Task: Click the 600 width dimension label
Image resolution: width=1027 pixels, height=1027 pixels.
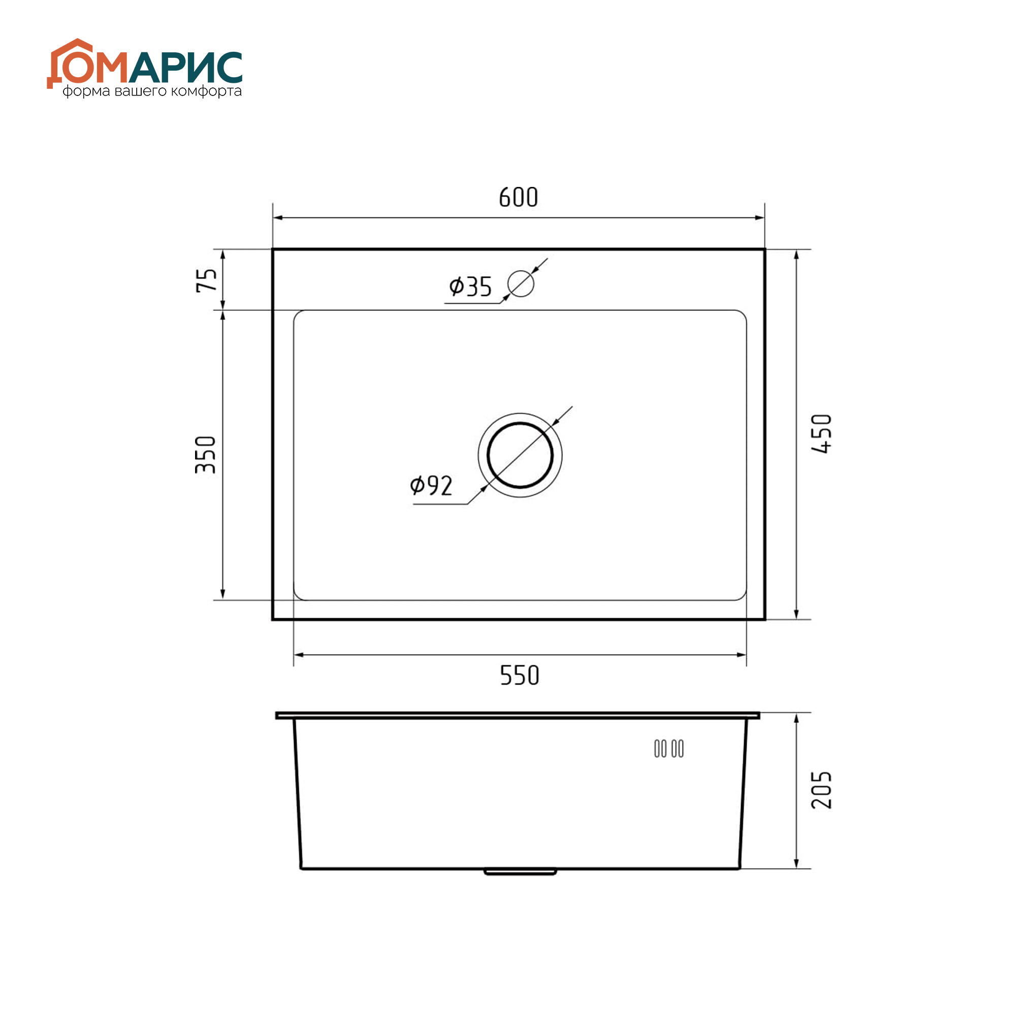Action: pyautogui.click(x=518, y=197)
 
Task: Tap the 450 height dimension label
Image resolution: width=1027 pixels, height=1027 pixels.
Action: pyautogui.click(x=821, y=433)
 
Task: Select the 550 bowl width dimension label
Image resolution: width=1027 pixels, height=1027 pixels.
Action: pyautogui.click(x=520, y=676)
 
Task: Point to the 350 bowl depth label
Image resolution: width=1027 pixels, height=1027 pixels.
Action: pyautogui.click(x=206, y=455)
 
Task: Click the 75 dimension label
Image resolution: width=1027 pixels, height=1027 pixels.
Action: pyautogui.click(x=207, y=280)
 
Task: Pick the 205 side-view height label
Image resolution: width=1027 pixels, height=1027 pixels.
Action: pyautogui.click(x=821, y=790)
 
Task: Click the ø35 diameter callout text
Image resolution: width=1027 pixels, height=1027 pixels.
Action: pyautogui.click(x=470, y=287)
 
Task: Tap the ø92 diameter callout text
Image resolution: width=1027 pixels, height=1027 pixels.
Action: pyautogui.click(x=431, y=486)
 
